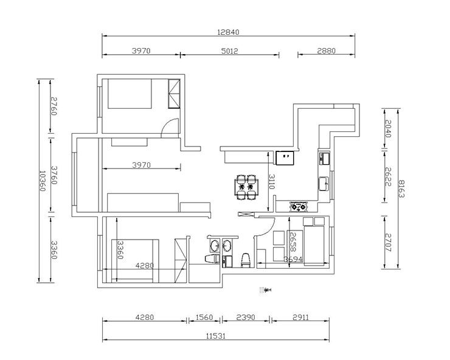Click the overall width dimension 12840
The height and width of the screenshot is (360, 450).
pos(228,32)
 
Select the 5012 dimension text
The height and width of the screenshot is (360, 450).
pos(230,51)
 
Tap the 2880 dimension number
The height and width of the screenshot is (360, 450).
pos(327,51)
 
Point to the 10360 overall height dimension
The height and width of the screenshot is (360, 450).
pos(42,181)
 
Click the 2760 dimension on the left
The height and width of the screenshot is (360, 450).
pos(54,106)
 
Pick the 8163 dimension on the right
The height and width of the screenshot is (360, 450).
pos(401,189)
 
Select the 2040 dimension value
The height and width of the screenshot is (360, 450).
pos(388,128)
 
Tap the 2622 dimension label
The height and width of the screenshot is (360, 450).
pos(388,176)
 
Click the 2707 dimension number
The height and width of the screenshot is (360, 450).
pos(388,243)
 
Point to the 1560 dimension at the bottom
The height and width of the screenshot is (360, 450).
pos(204,317)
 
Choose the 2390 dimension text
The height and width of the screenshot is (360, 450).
pos(246,317)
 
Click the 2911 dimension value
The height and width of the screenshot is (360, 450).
pos(301,317)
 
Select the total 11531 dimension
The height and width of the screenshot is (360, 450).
pos(216,336)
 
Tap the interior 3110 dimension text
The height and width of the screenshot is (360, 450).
pos(271,182)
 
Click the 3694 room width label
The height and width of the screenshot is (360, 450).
pos(293,259)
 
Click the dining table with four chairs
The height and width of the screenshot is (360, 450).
pos(246,187)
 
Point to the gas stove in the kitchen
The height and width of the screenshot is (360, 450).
pos(299,207)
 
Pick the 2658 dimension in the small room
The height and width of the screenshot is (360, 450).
pos(292,241)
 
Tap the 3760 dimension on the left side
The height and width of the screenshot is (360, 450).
pos(54,175)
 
